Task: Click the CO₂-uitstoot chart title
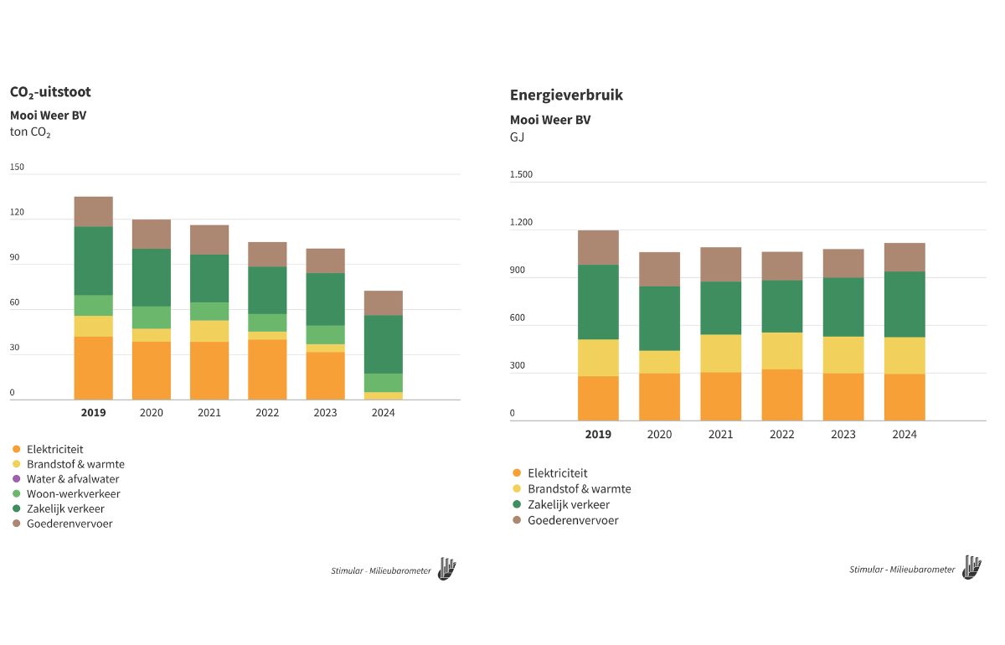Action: click(x=50, y=92)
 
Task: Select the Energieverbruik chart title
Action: click(x=566, y=95)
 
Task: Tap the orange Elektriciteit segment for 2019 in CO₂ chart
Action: click(x=93, y=368)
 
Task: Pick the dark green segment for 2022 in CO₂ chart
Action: click(x=267, y=290)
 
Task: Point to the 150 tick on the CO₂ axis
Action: click(x=18, y=167)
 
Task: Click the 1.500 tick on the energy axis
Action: click(x=521, y=174)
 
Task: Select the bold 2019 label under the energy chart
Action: click(x=598, y=434)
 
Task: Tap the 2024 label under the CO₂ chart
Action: click(x=384, y=413)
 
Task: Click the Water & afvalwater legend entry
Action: click(x=73, y=479)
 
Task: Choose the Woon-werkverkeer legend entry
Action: click(x=73, y=494)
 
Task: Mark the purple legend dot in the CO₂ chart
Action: click(x=16, y=479)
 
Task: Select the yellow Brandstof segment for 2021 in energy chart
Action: click(x=720, y=353)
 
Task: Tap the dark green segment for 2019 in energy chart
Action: click(x=598, y=302)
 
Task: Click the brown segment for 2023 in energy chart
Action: click(x=843, y=263)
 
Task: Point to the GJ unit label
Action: click(x=517, y=137)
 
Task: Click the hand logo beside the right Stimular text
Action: click(x=971, y=567)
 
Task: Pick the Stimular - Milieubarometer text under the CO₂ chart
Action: click(x=381, y=571)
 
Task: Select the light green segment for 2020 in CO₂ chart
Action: click(x=152, y=317)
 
